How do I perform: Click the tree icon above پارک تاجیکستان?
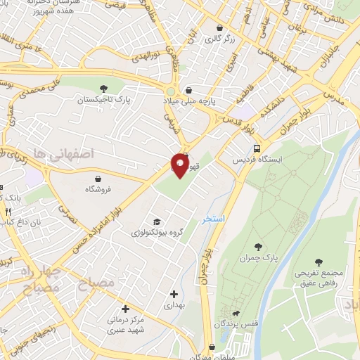click(103, 89)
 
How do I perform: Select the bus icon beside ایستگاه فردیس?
click(257, 148)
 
